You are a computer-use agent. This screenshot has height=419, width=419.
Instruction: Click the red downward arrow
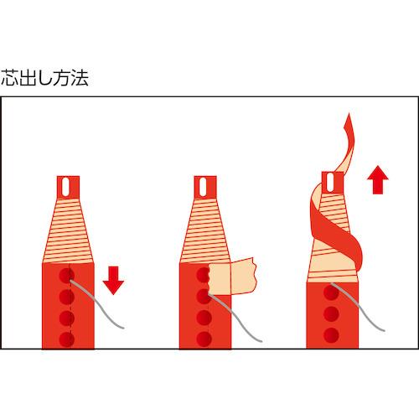pos(113,280)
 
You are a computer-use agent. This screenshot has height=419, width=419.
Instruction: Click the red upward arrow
pos(378,179)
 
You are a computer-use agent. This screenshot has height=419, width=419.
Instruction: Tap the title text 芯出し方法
pos(44,78)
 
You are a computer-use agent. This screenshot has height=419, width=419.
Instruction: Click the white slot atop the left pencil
pos(66,187)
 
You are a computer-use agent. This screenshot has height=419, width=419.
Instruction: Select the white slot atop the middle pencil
pos(203,187)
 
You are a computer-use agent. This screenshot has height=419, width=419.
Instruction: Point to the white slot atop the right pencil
pos(330,182)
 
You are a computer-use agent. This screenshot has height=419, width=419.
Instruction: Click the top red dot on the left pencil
pos(66,276)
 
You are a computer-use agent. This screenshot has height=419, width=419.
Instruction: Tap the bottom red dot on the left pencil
pos(66,339)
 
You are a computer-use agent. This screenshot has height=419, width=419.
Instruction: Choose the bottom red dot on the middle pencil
pos(204,339)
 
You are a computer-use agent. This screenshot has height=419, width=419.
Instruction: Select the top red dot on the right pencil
pos(331,292)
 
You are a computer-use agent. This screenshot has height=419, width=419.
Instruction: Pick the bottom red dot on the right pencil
pos(331,335)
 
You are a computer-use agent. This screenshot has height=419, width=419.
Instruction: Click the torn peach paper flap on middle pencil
pos(232,276)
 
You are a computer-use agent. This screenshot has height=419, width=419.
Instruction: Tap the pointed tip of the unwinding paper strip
pos(349,113)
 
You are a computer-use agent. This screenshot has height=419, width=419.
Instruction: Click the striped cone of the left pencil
pos(68,230)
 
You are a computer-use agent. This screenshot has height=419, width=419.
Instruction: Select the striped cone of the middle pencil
pos(205,230)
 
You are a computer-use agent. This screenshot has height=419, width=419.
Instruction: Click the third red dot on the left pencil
pos(66,318)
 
